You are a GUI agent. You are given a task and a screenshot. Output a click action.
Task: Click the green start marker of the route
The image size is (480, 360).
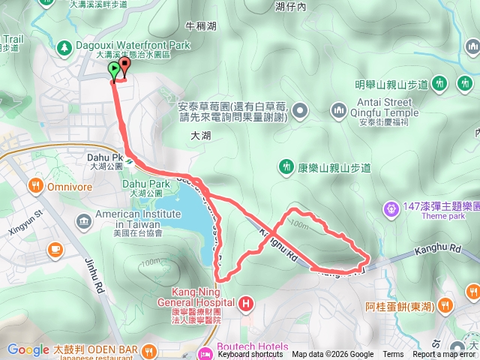(x=114, y=71)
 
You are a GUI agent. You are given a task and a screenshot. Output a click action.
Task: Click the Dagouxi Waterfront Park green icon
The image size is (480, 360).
(x=63, y=46)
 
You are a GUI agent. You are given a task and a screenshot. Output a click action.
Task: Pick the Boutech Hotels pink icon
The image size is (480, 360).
(x=203, y=352)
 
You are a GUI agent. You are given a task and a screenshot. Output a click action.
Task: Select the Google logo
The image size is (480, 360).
(x=28, y=349)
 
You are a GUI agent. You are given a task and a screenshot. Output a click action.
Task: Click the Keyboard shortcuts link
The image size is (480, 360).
(x=250, y=355)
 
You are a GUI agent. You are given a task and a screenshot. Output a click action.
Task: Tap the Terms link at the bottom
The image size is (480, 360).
(x=393, y=355)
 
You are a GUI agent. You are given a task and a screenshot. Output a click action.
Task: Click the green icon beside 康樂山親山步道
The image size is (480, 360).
(x=285, y=166)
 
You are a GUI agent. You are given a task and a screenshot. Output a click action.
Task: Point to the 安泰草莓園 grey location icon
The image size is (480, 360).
(x=301, y=112)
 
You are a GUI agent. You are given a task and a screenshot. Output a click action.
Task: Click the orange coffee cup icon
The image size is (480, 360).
(x=55, y=249)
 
